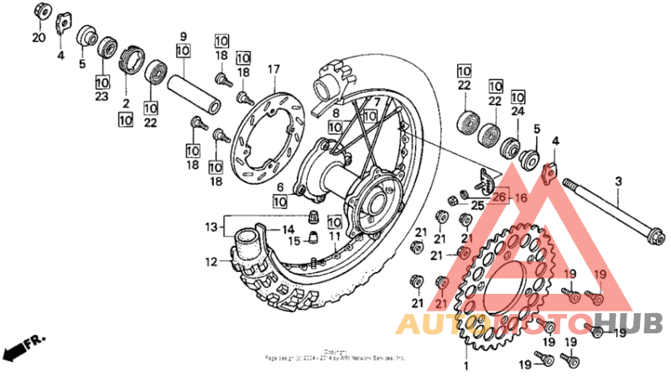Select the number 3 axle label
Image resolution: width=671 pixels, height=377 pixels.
[618, 181]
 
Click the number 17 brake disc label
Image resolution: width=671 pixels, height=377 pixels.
[273, 68]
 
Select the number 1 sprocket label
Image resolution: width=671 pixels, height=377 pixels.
[467, 367]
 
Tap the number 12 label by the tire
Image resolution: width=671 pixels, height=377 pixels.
[211, 262]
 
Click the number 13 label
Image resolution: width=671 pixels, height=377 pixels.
[211, 227]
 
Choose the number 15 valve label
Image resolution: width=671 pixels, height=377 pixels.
[294, 242]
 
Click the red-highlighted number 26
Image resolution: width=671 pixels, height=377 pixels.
[500, 198]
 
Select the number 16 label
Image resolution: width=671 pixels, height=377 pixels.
[520, 198]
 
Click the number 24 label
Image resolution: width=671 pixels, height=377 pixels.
[517, 111]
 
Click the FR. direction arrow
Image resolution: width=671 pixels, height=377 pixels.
[23, 346]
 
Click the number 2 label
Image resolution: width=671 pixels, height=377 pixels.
[126, 103]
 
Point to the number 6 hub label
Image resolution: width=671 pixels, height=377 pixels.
[279, 187]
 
